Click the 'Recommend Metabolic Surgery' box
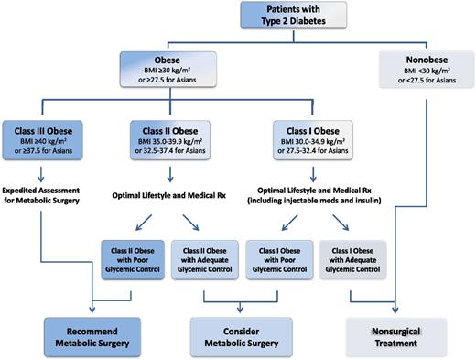pyautogui.click(x=94, y=334)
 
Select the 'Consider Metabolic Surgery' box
pyautogui.click(x=241, y=334)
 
